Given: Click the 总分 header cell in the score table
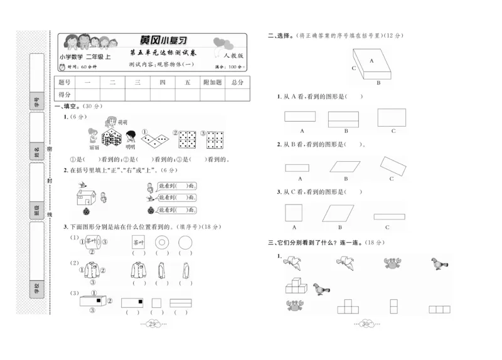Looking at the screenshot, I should click(236, 82).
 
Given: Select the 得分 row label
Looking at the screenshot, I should click(65, 95).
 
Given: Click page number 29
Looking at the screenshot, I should click(154, 324).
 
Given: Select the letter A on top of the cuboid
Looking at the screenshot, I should click(371, 61).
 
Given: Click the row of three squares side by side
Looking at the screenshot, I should click(439, 308).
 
